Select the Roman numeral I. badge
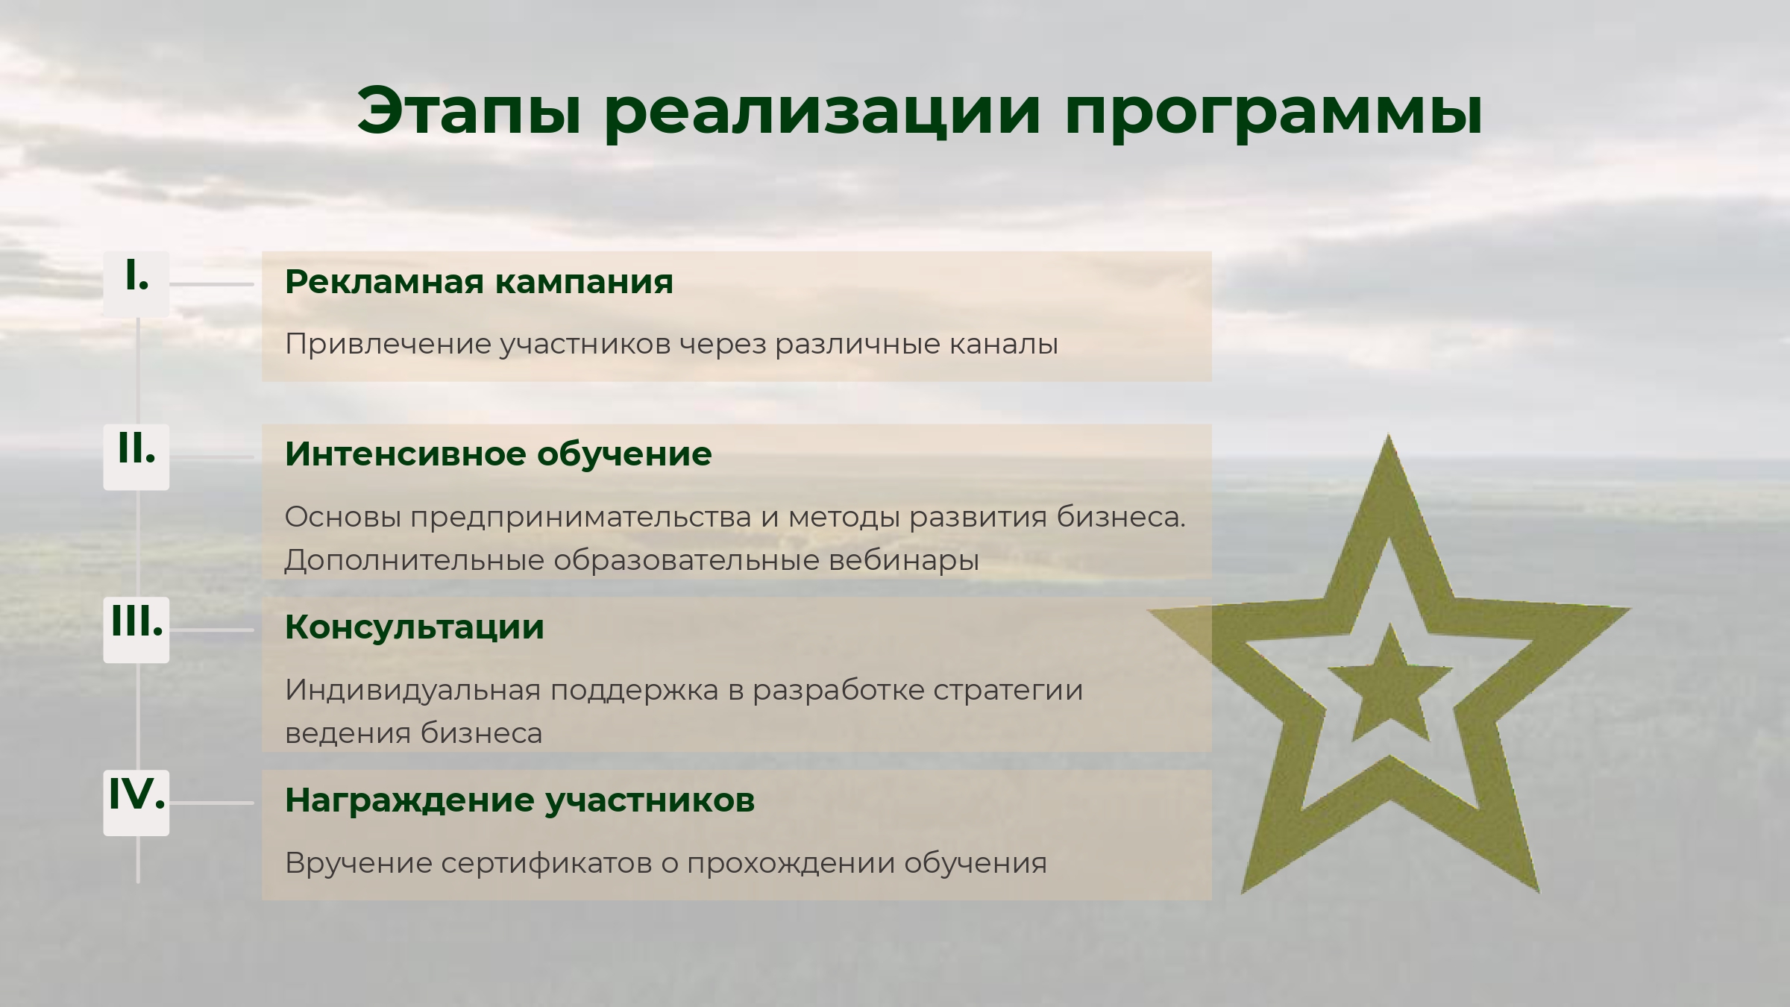136,283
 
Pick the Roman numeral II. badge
136,457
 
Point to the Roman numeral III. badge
136,630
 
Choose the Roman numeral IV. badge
136,803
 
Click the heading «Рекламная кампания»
479,282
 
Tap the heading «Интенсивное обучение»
498,454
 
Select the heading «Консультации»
415,627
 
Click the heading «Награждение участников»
520,801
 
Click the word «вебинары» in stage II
904,560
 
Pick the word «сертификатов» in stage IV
546,864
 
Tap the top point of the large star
1388,434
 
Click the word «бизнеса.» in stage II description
1121,517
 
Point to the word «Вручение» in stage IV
358,864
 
